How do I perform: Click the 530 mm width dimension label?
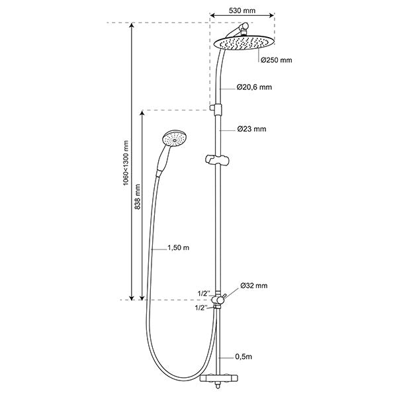tap(242, 11)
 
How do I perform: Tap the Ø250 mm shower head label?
tap(277, 60)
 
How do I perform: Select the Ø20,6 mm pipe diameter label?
tap(255, 87)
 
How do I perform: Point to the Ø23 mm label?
tap(252, 129)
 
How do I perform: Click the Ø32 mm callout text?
tap(254, 286)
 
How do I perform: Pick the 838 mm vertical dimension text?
tap(138, 197)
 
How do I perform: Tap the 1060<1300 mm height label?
tap(126, 163)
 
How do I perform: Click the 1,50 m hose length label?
tap(179, 247)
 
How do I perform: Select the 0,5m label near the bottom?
tap(243, 357)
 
